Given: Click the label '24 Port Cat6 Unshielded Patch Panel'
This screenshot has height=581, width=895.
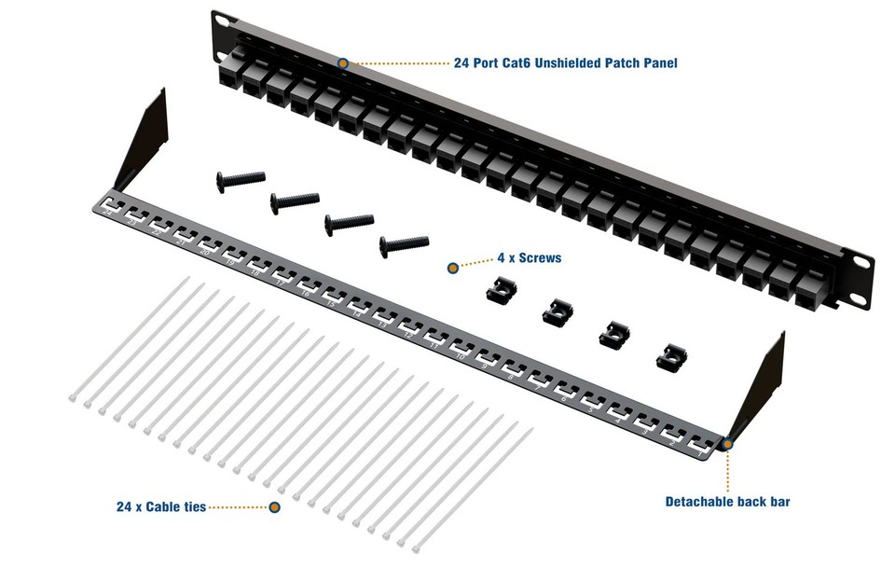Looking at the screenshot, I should tap(565, 63).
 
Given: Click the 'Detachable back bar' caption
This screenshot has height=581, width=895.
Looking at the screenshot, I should tap(727, 502).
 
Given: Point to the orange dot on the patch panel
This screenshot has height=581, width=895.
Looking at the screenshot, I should tap(343, 62).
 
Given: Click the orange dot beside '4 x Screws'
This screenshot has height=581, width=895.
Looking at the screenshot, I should tap(453, 268).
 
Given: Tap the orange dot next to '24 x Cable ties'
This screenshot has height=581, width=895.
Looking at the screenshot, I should tap(274, 507).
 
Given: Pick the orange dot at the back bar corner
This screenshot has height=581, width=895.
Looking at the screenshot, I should tap(727, 444).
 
